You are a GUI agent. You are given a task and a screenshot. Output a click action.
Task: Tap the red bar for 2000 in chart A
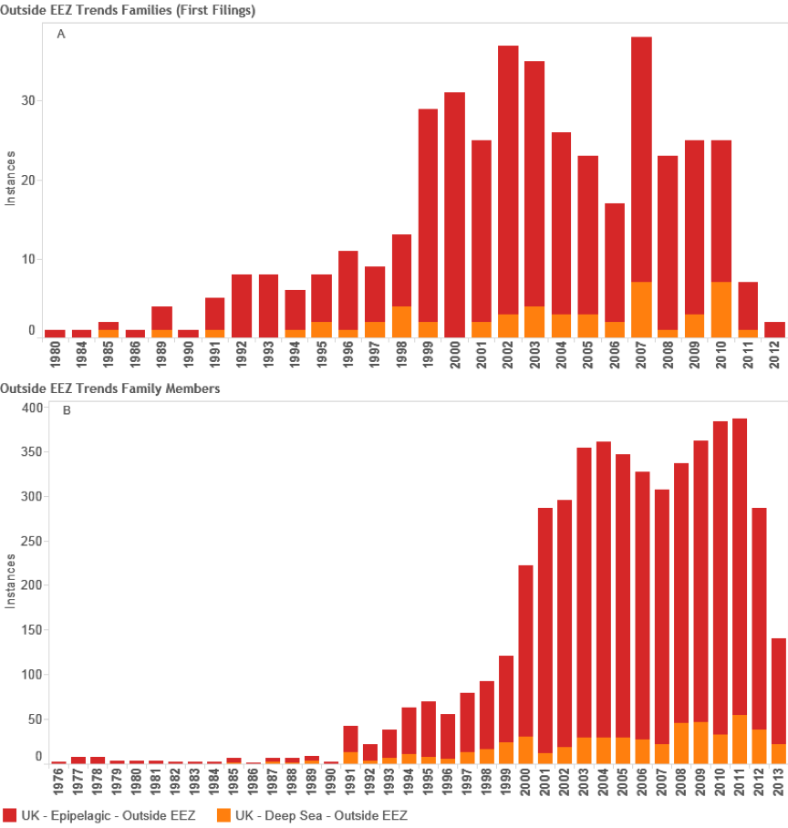point(455,214)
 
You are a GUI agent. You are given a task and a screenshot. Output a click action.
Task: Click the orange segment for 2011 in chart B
point(739,740)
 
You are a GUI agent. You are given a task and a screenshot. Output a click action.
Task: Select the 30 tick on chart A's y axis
point(30,101)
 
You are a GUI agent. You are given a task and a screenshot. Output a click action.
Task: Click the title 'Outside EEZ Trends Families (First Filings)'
point(128,10)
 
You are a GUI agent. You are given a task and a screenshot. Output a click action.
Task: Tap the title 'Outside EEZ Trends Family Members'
point(110,388)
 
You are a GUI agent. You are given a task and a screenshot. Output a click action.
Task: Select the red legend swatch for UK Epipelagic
point(10,814)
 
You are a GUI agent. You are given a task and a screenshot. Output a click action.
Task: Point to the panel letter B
point(66,410)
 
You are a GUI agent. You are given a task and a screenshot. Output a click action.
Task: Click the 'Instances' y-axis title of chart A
point(10,180)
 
